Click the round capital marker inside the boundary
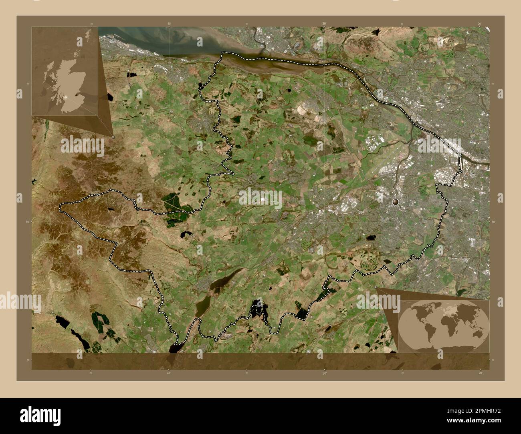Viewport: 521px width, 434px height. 396,202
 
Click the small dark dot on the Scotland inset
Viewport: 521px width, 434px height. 76,95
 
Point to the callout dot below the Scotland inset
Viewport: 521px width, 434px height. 113,137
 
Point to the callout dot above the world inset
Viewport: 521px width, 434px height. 377,288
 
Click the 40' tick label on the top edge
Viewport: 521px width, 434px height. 169,24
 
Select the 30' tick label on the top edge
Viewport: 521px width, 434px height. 324,24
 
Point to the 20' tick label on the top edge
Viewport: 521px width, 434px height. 479,24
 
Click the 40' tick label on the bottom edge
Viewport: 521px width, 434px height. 169,373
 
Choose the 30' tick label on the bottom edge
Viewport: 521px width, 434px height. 324,373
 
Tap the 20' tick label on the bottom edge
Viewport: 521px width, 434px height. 479,373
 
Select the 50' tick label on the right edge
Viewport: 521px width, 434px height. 493,221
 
